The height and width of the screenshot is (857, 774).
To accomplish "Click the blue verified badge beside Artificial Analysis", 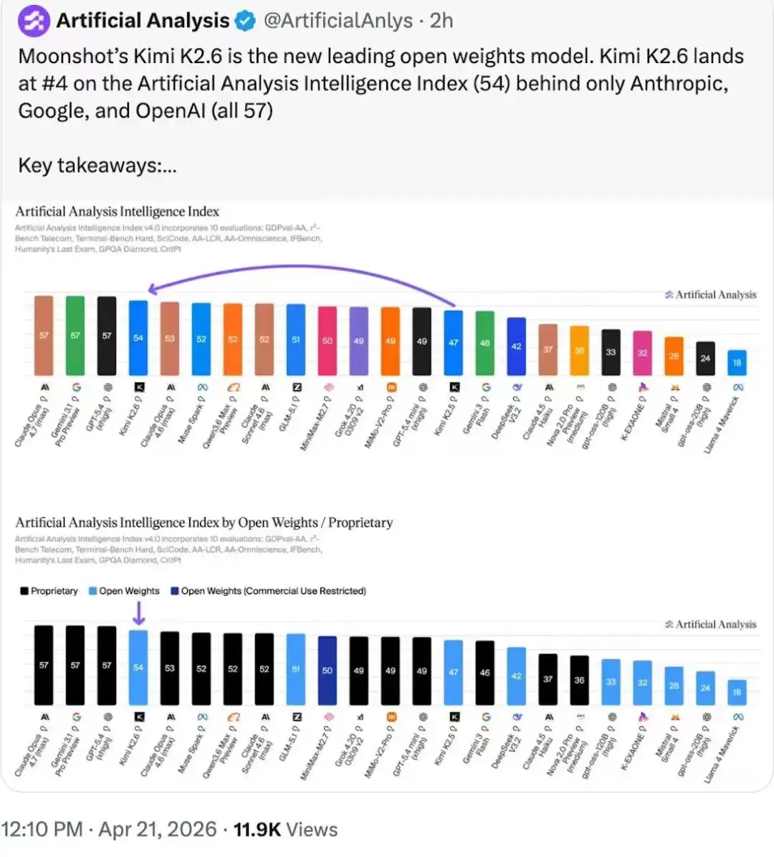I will coord(246,21).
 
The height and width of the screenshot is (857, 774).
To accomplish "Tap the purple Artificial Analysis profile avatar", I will coord(34,21).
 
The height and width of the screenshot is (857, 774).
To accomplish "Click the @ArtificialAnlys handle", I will coord(338,21).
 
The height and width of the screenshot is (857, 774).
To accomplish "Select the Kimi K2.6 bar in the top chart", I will coord(138,338).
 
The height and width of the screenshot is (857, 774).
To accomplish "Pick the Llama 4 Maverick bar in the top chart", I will coord(737,362).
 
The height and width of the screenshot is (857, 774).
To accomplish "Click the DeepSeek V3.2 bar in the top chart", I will coord(516,346).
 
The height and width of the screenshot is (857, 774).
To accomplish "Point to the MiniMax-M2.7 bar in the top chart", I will coord(328,341).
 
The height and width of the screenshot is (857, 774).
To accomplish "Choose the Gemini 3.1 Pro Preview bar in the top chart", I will coord(75,336).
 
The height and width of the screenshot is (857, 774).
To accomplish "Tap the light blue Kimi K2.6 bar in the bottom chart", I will coord(138,667).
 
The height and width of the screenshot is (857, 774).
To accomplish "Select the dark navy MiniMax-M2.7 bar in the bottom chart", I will coord(328,670).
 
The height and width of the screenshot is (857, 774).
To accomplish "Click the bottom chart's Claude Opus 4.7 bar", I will coord(44,665).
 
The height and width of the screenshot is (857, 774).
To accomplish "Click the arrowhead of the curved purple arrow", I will coord(152,289).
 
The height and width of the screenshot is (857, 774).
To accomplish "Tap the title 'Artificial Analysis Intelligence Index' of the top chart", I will coord(117,212).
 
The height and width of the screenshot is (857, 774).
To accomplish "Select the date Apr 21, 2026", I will coord(157,830).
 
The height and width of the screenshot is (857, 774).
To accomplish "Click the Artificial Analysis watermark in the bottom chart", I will coord(711,625).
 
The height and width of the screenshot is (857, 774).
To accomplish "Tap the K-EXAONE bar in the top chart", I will coord(642,353).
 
